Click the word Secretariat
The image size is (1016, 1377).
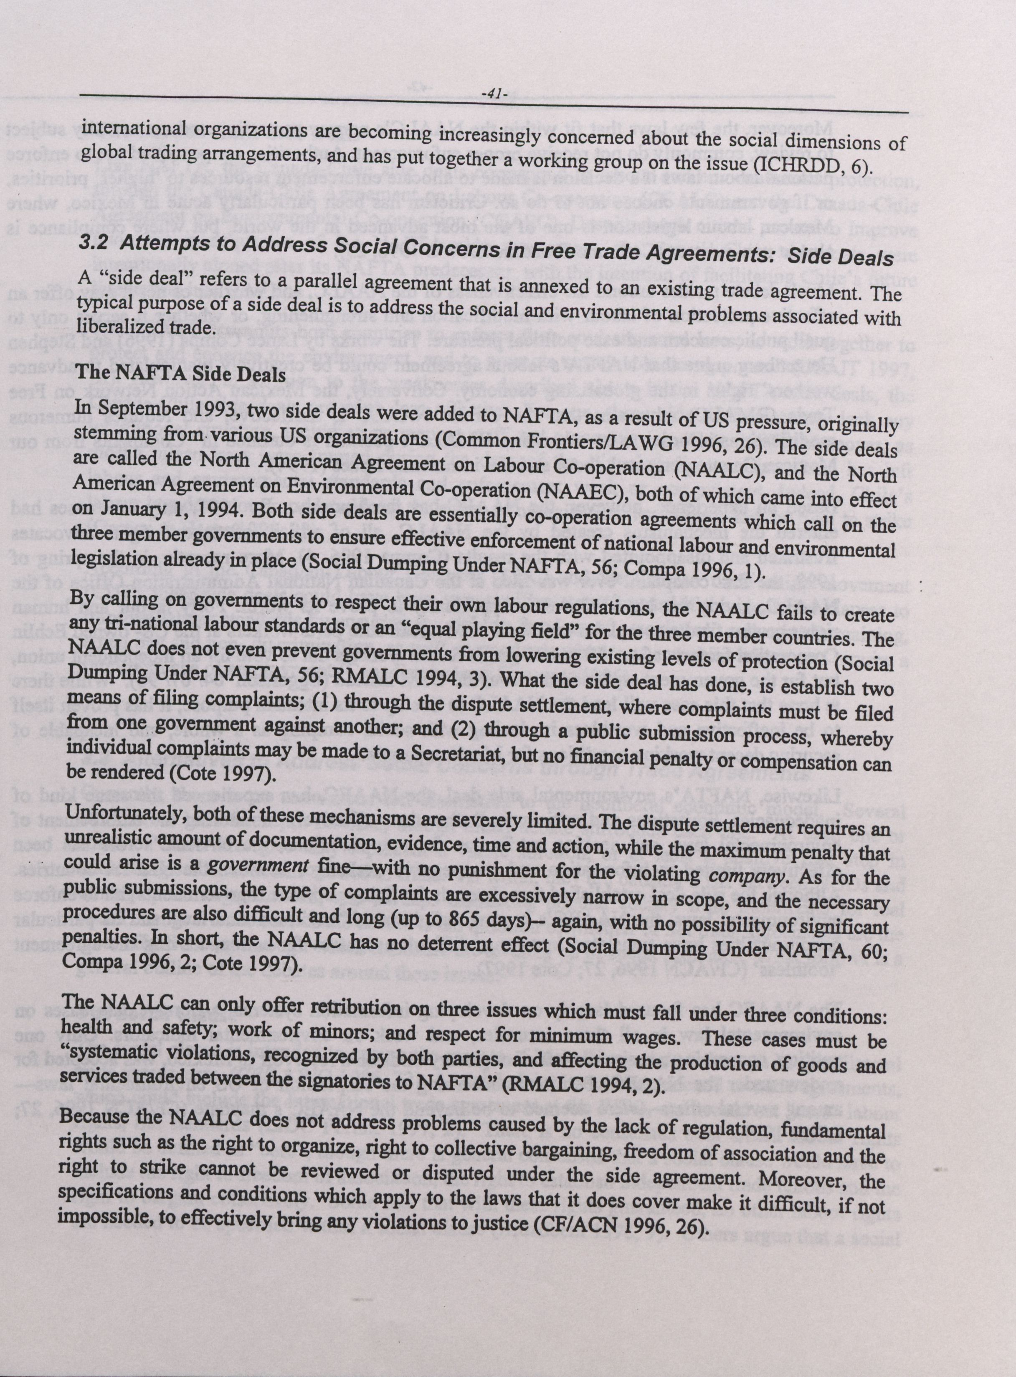pos(459,754)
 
